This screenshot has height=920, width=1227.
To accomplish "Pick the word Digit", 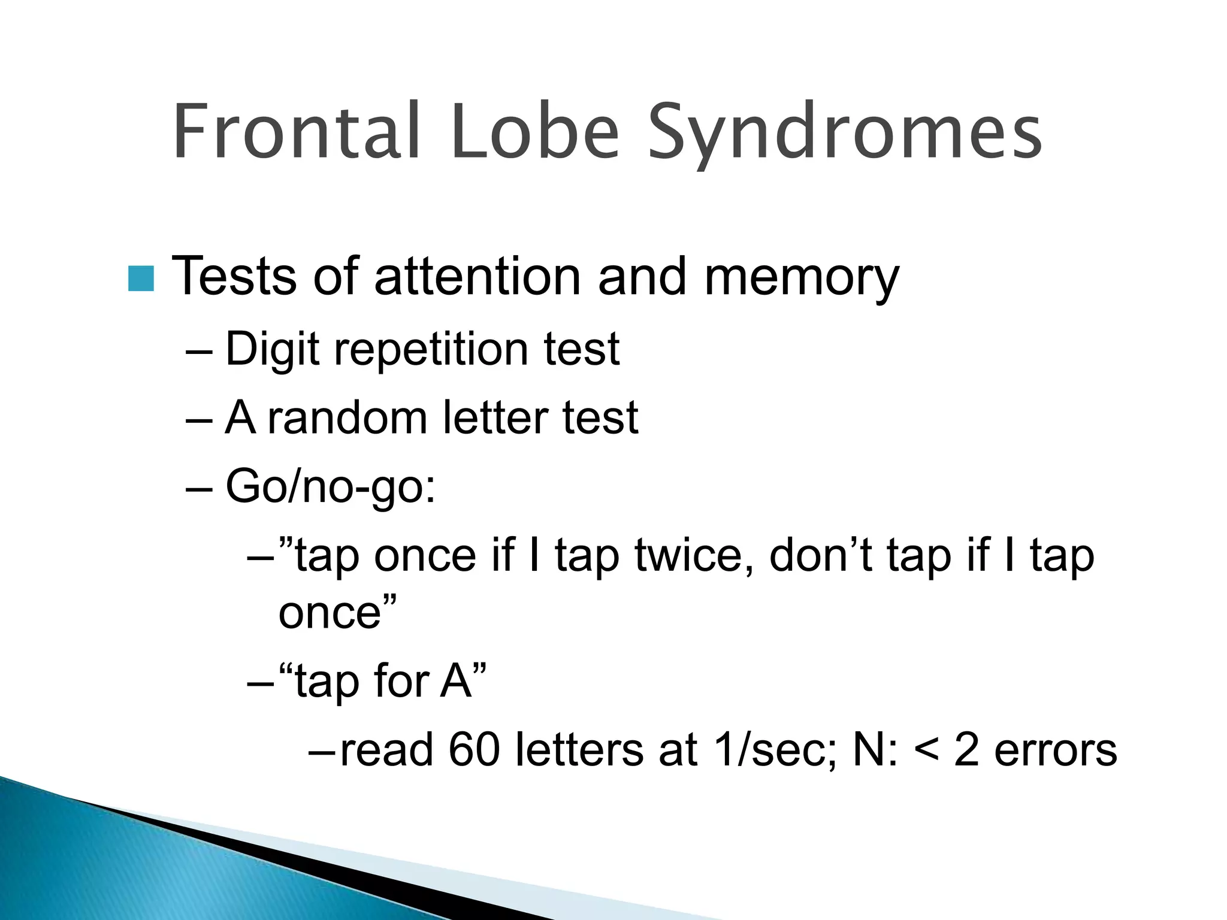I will click(x=271, y=349).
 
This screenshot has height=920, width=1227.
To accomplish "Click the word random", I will click(x=347, y=417).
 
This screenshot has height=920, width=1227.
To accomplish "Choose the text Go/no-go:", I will click(x=330, y=487).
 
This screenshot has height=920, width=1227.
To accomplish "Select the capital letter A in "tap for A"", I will click(x=455, y=681).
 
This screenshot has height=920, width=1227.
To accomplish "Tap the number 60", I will click(x=473, y=750).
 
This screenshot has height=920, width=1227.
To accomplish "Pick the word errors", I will click(x=1056, y=751).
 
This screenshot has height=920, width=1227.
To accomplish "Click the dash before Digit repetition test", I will click(x=199, y=350).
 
